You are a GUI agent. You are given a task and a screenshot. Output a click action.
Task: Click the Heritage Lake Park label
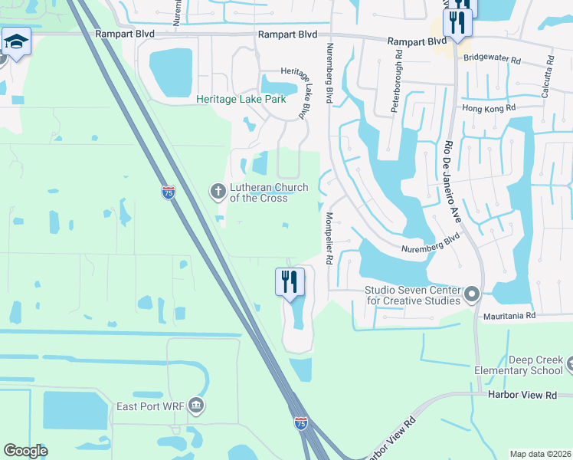(241, 100)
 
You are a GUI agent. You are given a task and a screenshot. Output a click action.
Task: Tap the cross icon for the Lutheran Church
(218, 190)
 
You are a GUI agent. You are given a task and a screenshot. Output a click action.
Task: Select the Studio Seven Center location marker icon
(472, 294)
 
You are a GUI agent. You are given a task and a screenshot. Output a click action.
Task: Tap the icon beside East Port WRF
(196, 405)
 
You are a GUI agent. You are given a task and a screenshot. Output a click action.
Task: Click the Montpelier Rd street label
(329, 238)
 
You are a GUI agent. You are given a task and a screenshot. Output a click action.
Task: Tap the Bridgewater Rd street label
(491, 58)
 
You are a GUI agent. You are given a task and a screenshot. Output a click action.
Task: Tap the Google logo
(26, 451)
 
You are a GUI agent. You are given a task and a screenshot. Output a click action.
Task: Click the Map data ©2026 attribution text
(539, 454)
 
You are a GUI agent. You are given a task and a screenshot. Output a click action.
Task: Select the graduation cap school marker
(15, 41)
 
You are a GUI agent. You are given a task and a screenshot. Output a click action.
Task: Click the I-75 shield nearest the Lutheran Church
(167, 193)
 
